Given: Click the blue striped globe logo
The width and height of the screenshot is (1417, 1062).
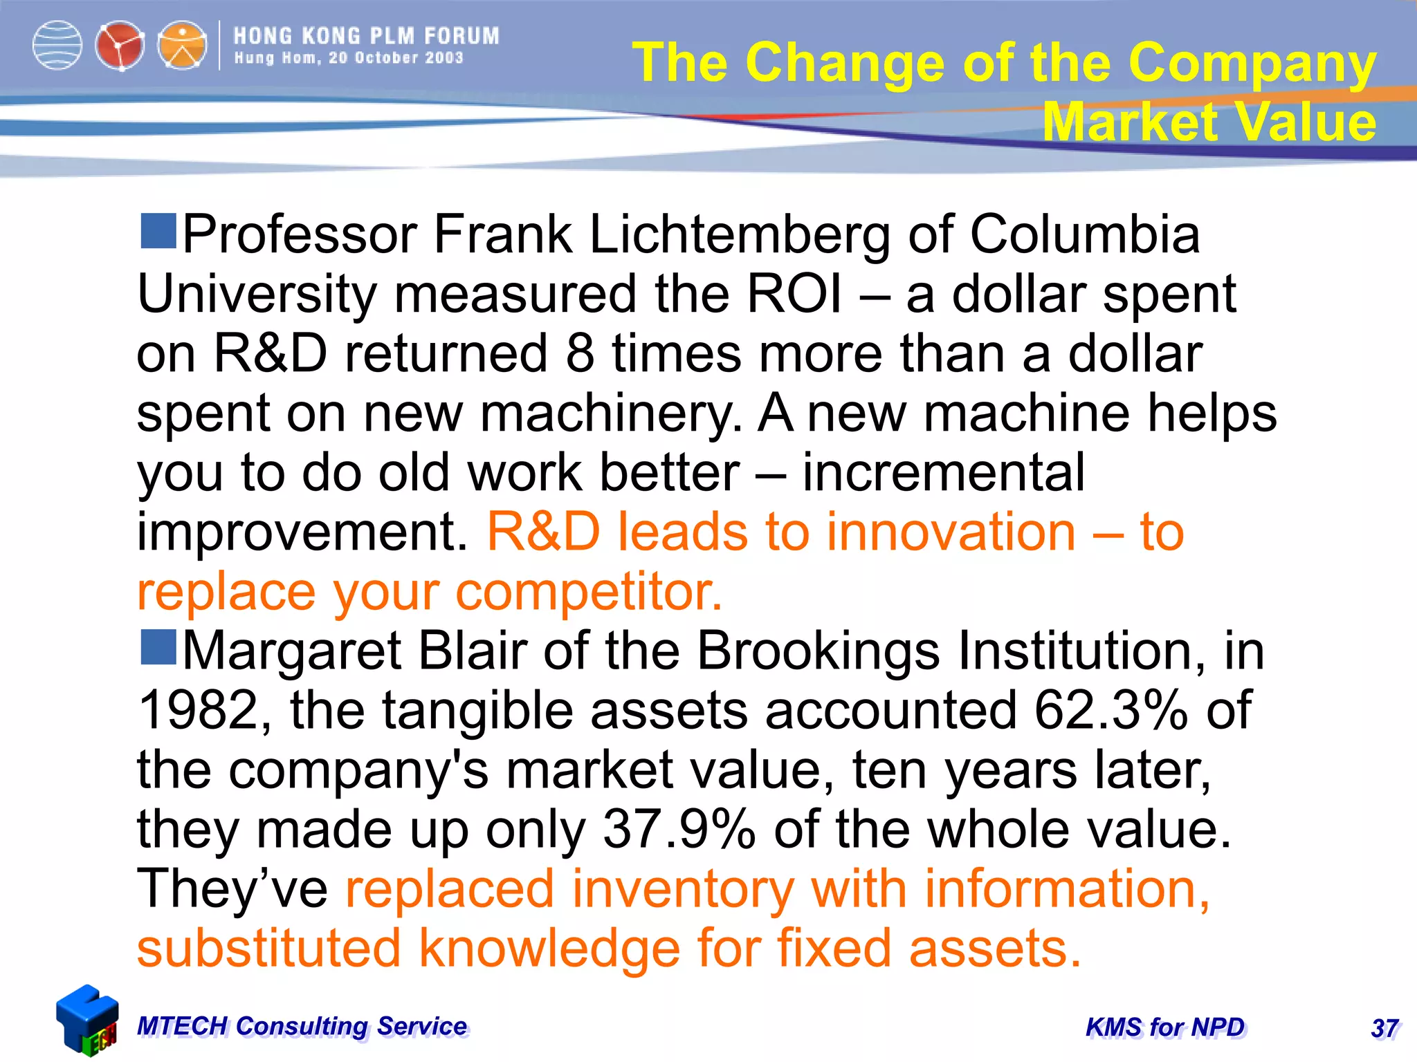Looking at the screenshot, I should [57, 46].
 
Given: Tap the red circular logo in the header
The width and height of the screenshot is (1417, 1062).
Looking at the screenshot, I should [120, 46].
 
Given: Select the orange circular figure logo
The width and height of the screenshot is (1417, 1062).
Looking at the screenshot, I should [182, 46].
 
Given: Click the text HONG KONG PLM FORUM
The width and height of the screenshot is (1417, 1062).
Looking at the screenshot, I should [366, 36].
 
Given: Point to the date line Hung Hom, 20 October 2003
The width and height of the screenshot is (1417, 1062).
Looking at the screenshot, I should [349, 58].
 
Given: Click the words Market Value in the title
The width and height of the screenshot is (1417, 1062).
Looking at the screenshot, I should [1209, 122].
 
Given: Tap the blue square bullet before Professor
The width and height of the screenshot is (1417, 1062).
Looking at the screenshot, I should [158, 230].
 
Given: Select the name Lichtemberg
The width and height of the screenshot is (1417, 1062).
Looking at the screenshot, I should [740, 235].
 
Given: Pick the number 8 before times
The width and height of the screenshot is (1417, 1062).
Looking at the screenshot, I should [580, 354].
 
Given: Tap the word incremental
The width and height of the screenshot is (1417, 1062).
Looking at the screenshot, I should [943, 473].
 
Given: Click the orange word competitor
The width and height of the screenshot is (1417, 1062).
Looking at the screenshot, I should [589, 593].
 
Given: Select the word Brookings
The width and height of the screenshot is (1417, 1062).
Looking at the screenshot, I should [819, 652].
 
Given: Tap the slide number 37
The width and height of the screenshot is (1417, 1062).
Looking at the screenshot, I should [1384, 1029].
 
